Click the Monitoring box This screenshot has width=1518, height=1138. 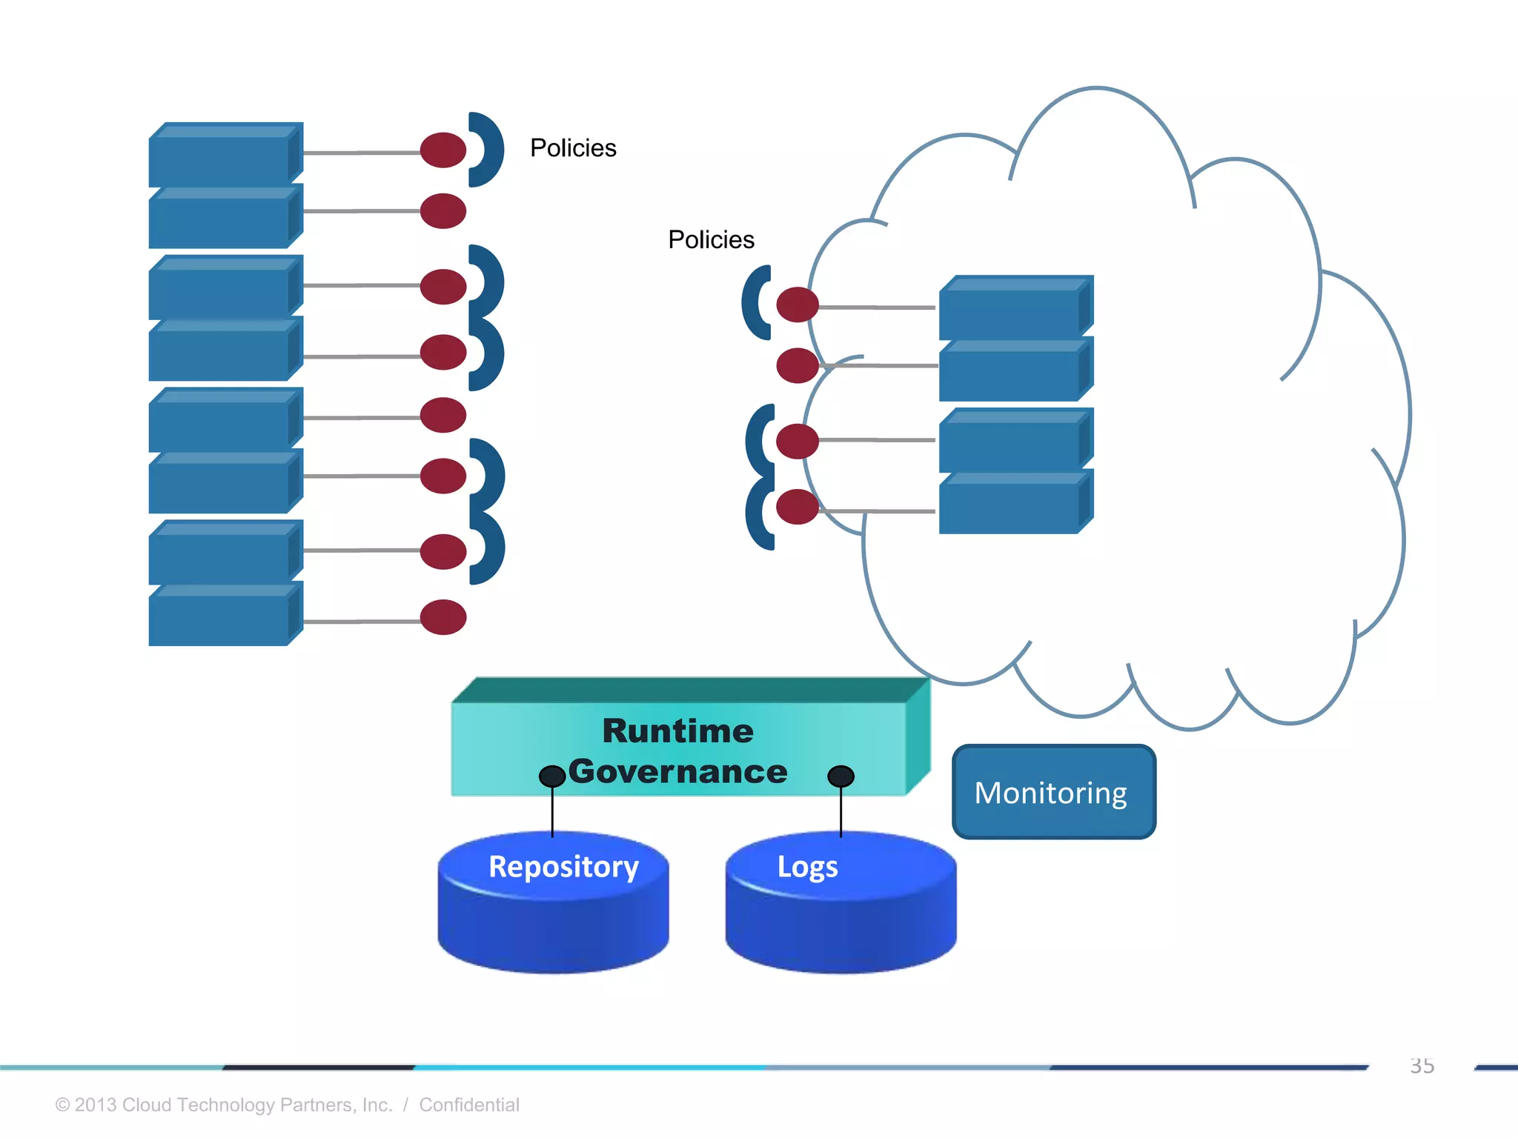click(1053, 792)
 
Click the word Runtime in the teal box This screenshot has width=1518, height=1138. click(677, 731)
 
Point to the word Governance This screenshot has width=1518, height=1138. click(677, 772)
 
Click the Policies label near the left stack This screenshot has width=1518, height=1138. click(573, 148)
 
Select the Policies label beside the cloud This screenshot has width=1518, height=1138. click(711, 240)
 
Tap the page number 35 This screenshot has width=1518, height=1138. click(1422, 1066)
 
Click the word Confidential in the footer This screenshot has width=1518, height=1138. click(468, 1105)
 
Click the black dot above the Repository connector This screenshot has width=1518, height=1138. click(552, 776)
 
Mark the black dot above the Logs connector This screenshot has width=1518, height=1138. click(841, 776)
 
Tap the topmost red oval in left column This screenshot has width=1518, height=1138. click(443, 150)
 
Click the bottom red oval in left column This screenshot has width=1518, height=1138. click(443, 617)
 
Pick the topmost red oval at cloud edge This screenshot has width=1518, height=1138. click(798, 305)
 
